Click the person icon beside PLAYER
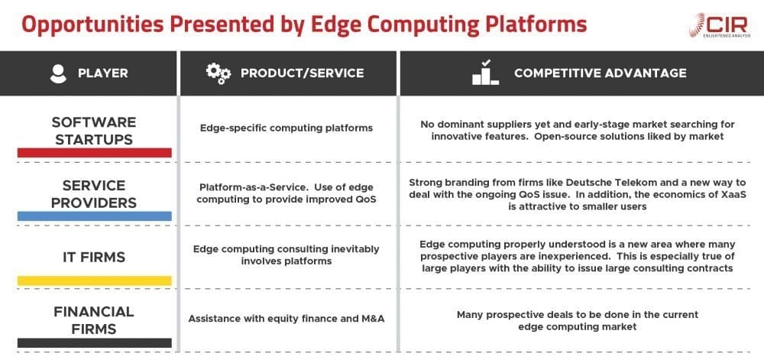(x=57, y=73)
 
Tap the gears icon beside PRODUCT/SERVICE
(x=218, y=73)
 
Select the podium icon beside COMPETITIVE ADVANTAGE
(x=486, y=73)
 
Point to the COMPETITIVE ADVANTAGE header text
(x=600, y=73)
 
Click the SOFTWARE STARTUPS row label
(x=94, y=131)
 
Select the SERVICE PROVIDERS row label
(x=94, y=195)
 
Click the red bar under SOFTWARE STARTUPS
(x=94, y=153)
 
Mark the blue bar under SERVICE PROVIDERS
(x=94, y=217)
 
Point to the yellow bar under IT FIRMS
(x=94, y=281)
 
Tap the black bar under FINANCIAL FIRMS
(x=94, y=342)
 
